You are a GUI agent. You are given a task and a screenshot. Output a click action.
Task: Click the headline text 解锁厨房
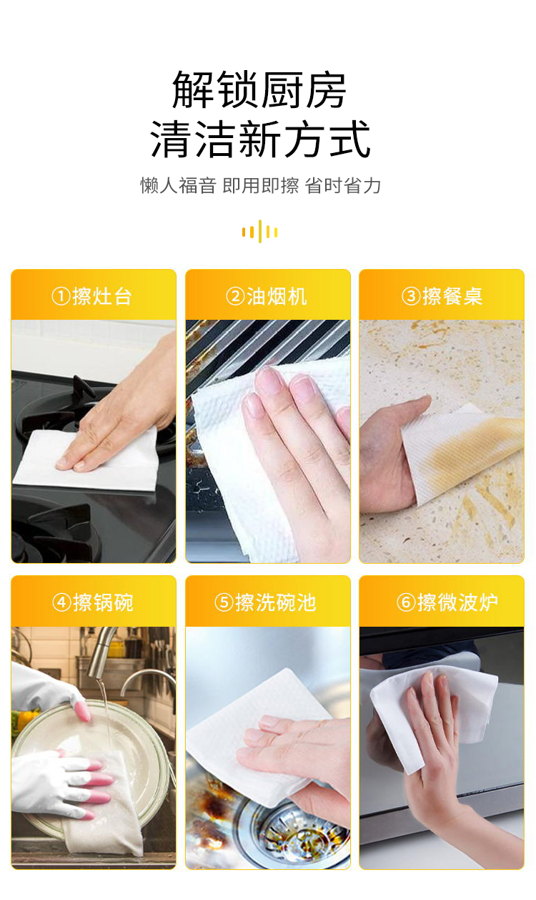(x=259, y=90)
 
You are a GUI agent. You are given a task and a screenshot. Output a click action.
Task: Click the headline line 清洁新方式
(x=260, y=139)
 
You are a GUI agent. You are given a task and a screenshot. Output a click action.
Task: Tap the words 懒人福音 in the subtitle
(x=177, y=186)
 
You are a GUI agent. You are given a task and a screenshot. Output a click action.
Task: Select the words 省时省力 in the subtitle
(x=343, y=186)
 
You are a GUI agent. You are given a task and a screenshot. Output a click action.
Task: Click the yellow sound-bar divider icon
(x=259, y=231)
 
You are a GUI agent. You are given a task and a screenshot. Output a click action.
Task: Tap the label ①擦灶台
(x=93, y=295)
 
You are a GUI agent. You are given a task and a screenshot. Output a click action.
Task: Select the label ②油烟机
(x=267, y=295)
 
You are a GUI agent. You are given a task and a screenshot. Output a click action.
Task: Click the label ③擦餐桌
(x=442, y=295)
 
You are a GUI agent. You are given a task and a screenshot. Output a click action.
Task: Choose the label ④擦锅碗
(x=93, y=602)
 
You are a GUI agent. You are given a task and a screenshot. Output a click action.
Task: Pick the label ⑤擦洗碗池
(x=267, y=602)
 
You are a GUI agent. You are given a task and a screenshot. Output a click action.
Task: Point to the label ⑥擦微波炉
(x=442, y=602)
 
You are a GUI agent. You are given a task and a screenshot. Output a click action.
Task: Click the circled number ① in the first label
(x=60, y=295)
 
